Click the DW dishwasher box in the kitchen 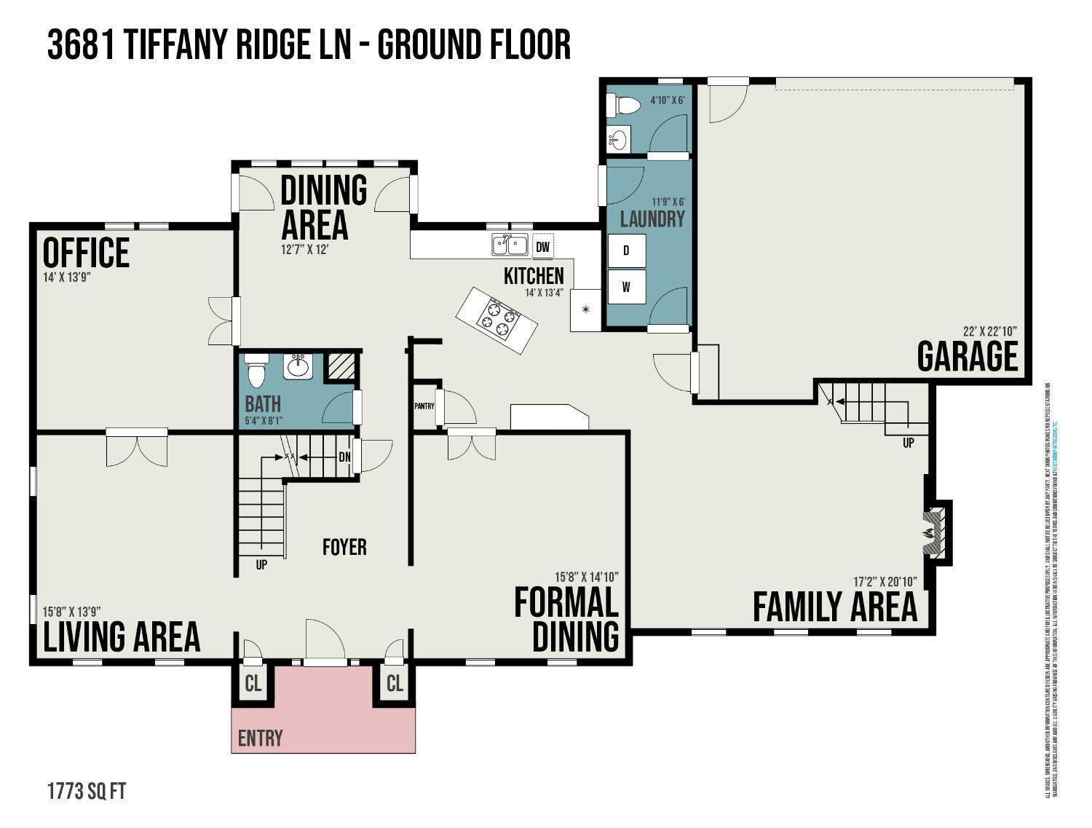pos(542,247)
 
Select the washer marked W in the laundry pos(626,287)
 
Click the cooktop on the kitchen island pos(498,320)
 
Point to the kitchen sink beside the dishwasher pos(510,245)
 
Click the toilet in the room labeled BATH pos(256,370)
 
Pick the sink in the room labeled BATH pos(297,366)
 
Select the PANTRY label pos(424,406)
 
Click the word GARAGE pos(967,356)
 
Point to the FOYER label pos(344,547)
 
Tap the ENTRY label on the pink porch pos(260,738)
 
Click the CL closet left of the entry pos(253,685)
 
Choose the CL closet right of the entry pos(395,684)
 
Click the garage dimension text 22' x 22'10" pos(989,330)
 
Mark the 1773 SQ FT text pos(87,792)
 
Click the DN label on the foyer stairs pos(345,457)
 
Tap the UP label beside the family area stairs pos(908,442)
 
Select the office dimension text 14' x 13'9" pos(66,277)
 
